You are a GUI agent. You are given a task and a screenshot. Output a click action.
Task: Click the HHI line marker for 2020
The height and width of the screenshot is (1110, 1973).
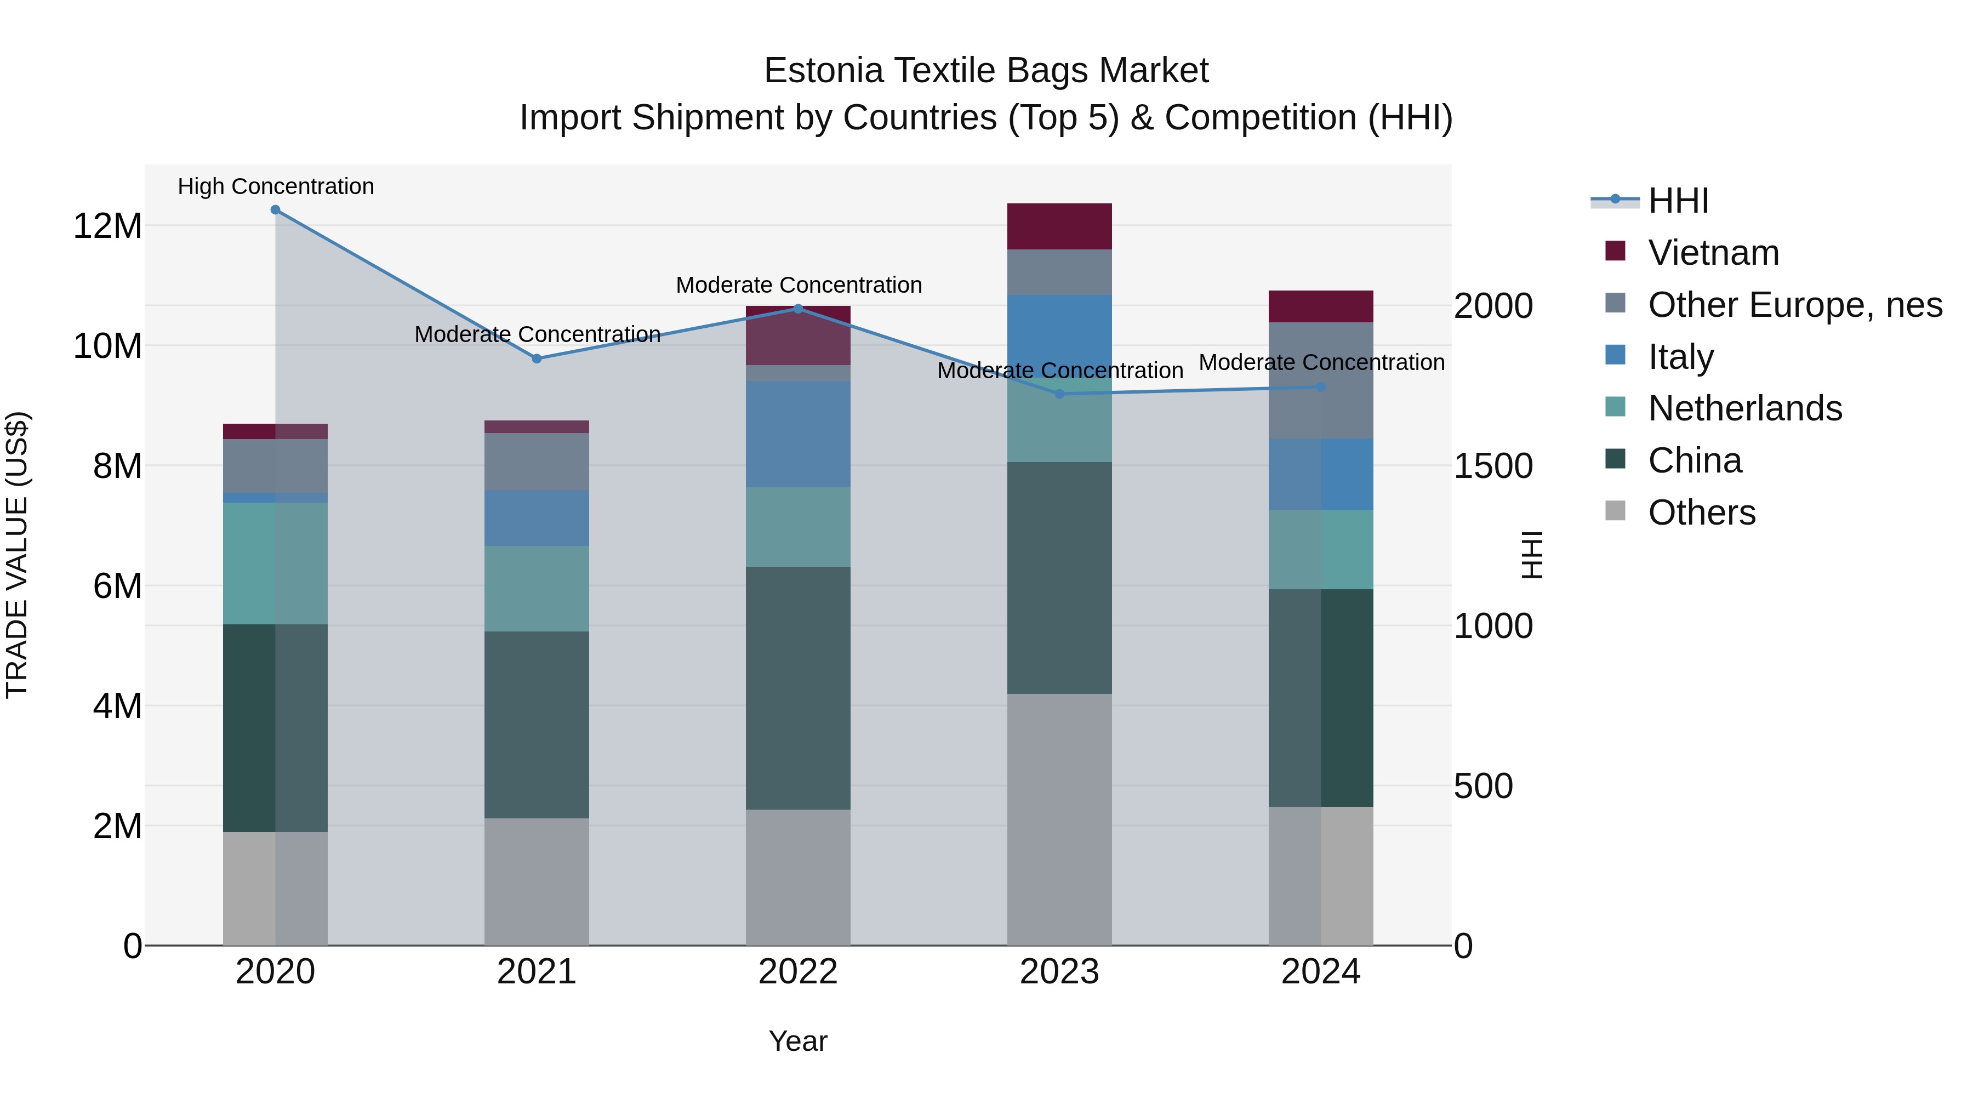click(x=275, y=210)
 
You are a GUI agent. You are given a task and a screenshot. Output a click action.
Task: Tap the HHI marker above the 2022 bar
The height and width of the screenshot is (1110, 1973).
click(x=798, y=309)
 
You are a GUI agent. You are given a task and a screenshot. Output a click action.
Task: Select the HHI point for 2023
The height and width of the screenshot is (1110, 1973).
click(x=1059, y=394)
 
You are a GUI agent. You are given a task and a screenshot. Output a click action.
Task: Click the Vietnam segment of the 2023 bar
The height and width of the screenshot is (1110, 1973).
click(x=1059, y=227)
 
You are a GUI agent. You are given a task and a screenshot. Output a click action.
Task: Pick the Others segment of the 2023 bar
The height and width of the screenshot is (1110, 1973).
click(x=1059, y=819)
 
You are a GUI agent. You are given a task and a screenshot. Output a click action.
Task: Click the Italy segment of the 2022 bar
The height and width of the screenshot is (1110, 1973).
click(x=798, y=434)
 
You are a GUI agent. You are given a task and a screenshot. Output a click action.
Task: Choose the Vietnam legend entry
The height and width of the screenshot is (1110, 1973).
click(x=1713, y=253)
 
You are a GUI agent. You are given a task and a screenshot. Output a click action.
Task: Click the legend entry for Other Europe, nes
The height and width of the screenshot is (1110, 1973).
click(x=1794, y=305)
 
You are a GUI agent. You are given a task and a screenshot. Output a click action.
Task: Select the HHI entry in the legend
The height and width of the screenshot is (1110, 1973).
click(x=1678, y=201)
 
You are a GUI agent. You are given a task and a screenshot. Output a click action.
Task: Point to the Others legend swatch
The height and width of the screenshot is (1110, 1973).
click(x=1615, y=511)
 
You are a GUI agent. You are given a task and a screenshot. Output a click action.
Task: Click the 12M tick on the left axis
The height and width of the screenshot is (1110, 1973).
click(x=107, y=226)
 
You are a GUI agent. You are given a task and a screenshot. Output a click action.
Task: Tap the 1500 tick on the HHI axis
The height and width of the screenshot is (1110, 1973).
click(x=1493, y=466)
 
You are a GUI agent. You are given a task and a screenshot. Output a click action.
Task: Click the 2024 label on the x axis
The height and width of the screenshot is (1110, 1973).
click(x=1320, y=972)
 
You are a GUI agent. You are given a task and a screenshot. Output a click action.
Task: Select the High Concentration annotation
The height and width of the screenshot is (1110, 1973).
click(x=276, y=186)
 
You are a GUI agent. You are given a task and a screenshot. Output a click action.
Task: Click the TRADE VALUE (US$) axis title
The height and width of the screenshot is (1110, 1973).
click(x=17, y=555)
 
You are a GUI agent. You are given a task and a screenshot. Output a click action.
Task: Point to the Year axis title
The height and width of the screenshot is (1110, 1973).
click(x=797, y=1041)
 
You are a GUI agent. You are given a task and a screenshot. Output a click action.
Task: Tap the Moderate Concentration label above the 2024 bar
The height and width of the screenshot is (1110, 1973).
click(x=1321, y=362)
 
